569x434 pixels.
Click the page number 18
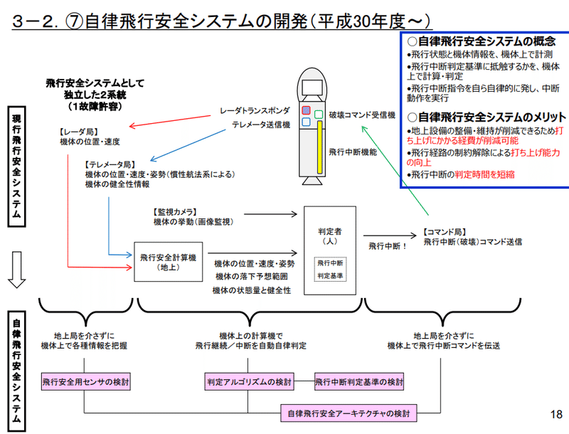pyautogui.click(x=556, y=414)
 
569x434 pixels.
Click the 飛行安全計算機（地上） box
pyautogui.click(x=164, y=261)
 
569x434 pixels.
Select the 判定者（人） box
pyautogui.click(x=330, y=250)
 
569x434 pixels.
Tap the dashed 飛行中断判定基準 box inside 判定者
pyautogui.click(x=331, y=268)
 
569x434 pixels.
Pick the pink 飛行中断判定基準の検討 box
pyautogui.click(x=358, y=382)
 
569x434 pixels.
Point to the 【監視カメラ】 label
pyautogui.click(x=174, y=212)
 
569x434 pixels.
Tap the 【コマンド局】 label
pyautogui.click(x=445, y=232)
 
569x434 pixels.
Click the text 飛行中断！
pyautogui.click(x=387, y=245)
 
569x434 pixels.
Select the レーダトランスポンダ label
pyautogui.click(x=255, y=112)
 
